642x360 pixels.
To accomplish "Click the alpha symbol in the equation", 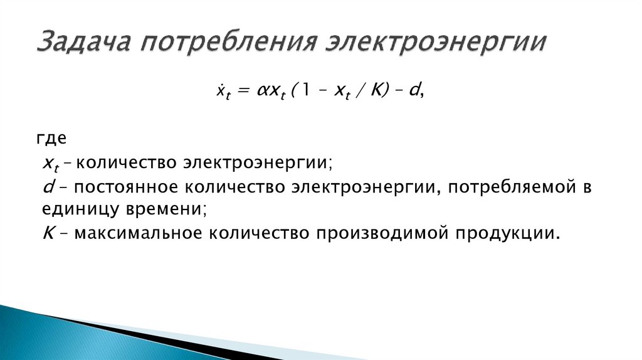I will (x=261, y=92).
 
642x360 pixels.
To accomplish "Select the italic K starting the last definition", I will (x=47, y=233).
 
